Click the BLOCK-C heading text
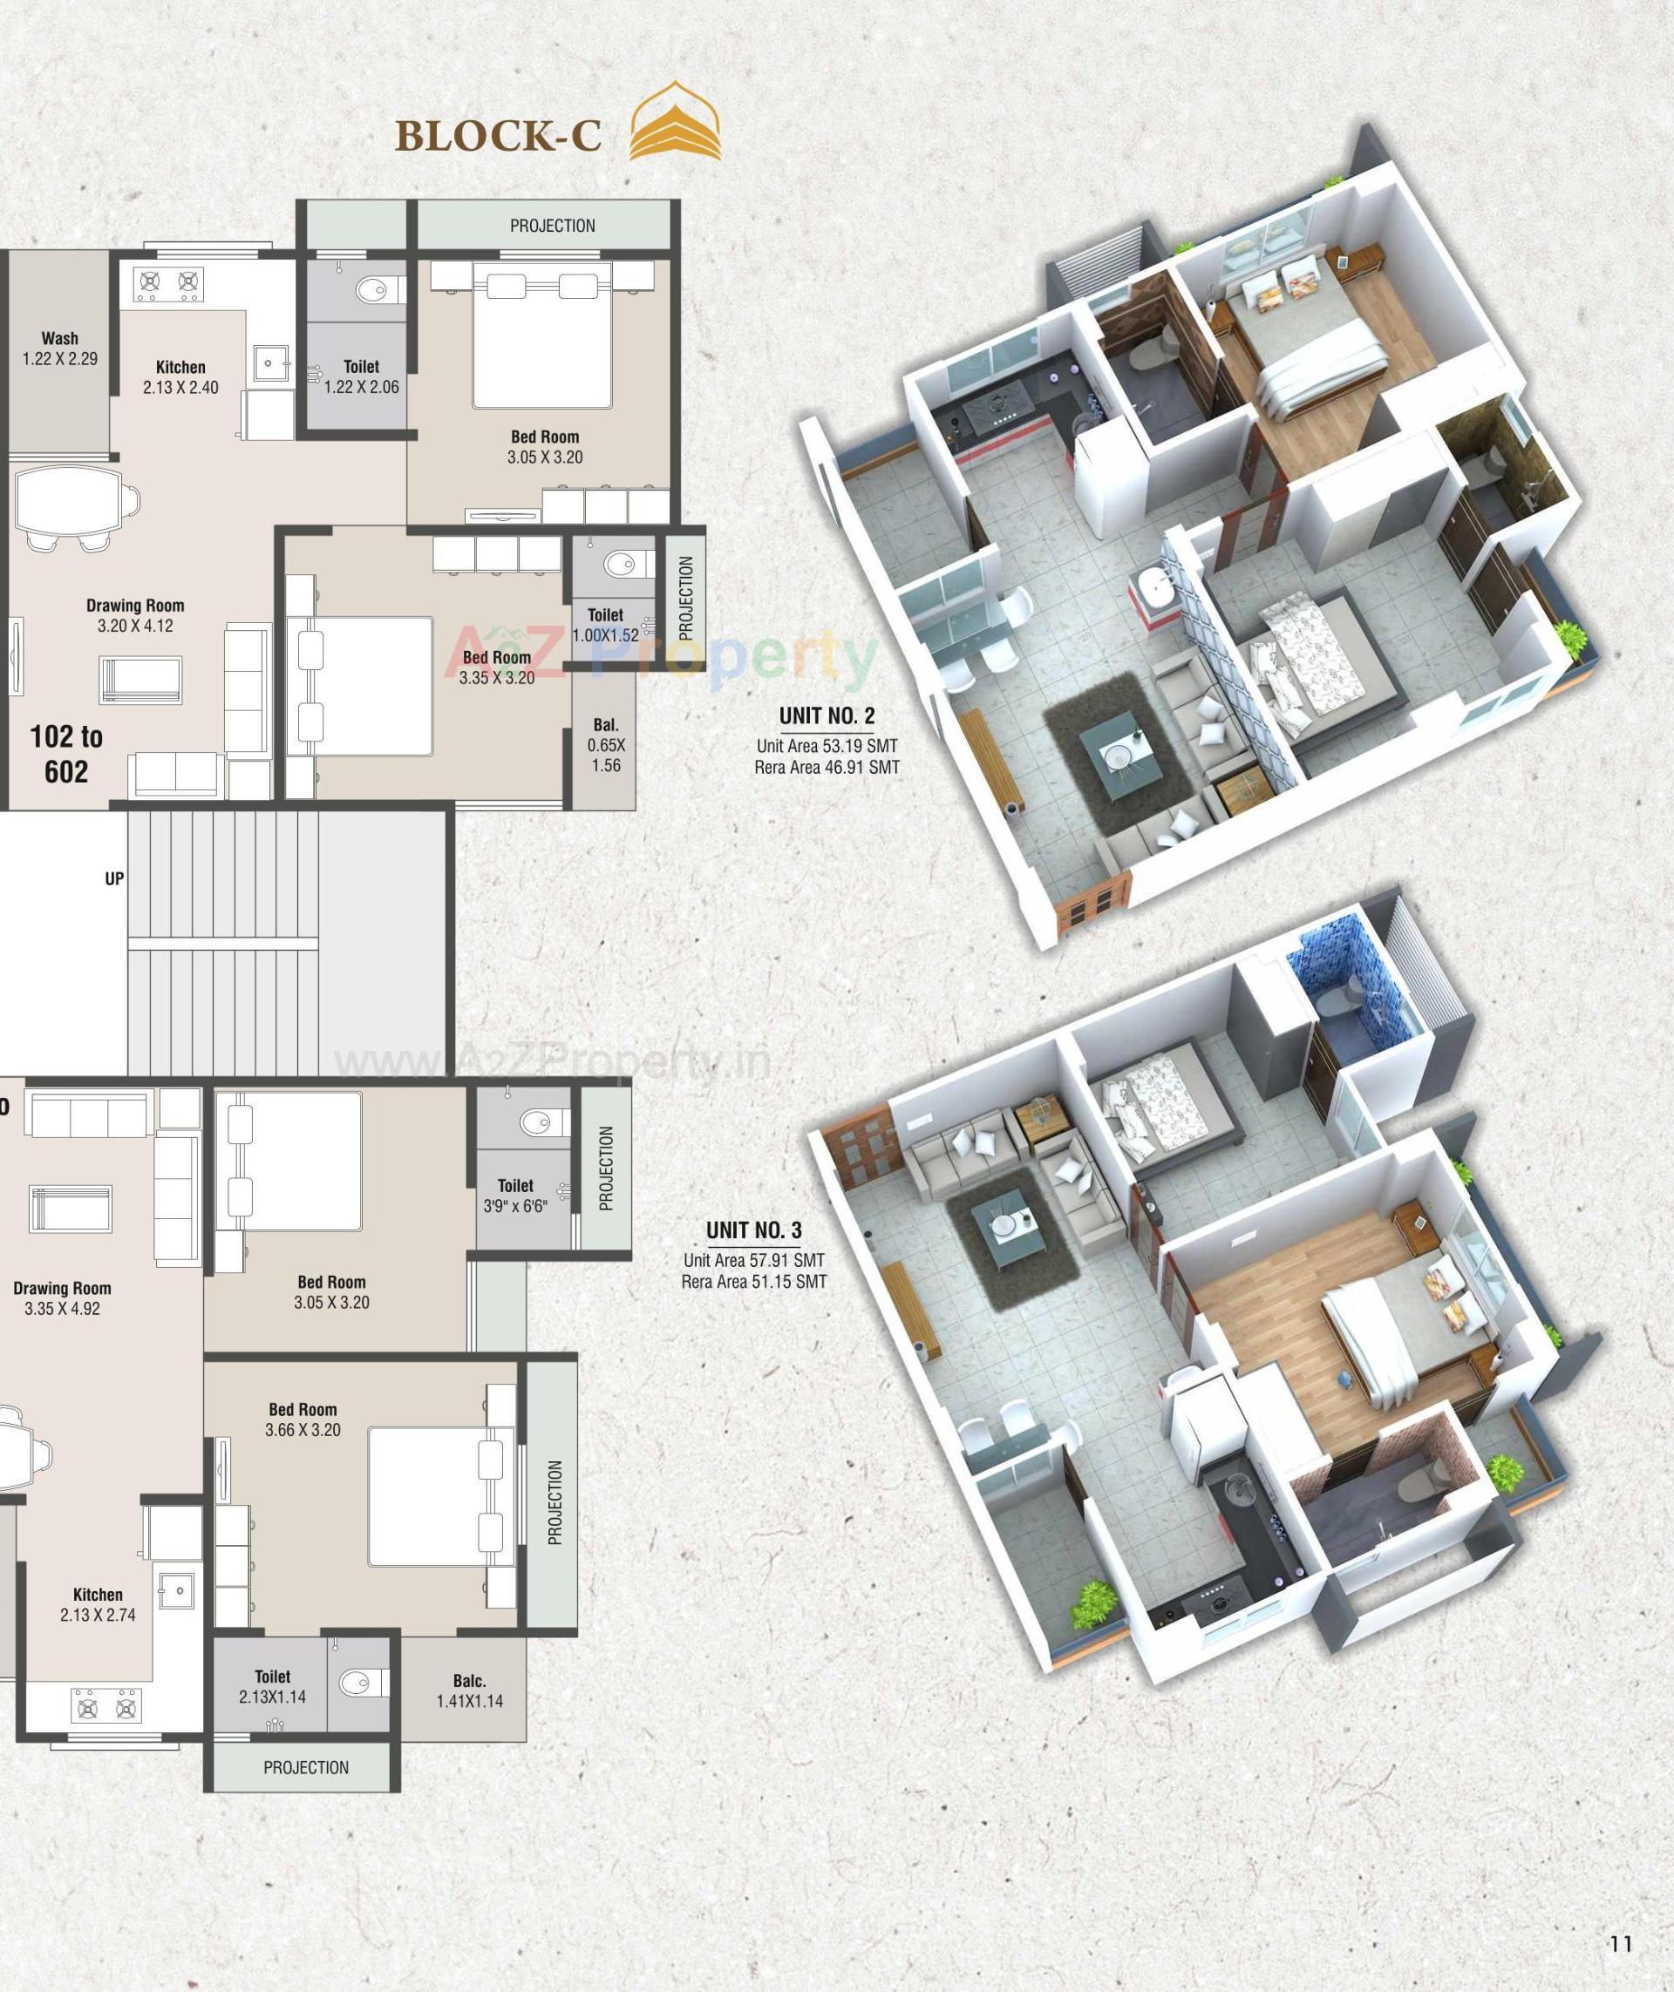(497, 136)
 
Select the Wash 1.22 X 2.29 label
(60, 349)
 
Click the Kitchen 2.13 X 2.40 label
(180, 376)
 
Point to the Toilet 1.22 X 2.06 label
(361, 376)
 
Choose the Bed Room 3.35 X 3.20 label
(496, 667)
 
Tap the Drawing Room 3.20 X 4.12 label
(135, 615)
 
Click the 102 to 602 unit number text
(66, 754)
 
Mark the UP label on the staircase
(114, 878)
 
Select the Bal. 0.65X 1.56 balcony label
(605, 745)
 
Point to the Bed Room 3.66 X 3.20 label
(303, 1419)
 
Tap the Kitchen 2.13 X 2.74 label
(98, 1604)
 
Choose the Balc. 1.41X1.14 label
(470, 1690)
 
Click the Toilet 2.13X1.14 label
(272, 1686)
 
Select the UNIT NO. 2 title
(827, 715)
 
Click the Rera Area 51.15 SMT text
(753, 1282)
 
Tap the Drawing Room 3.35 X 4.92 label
(62, 1298)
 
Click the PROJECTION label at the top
(552, 226)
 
